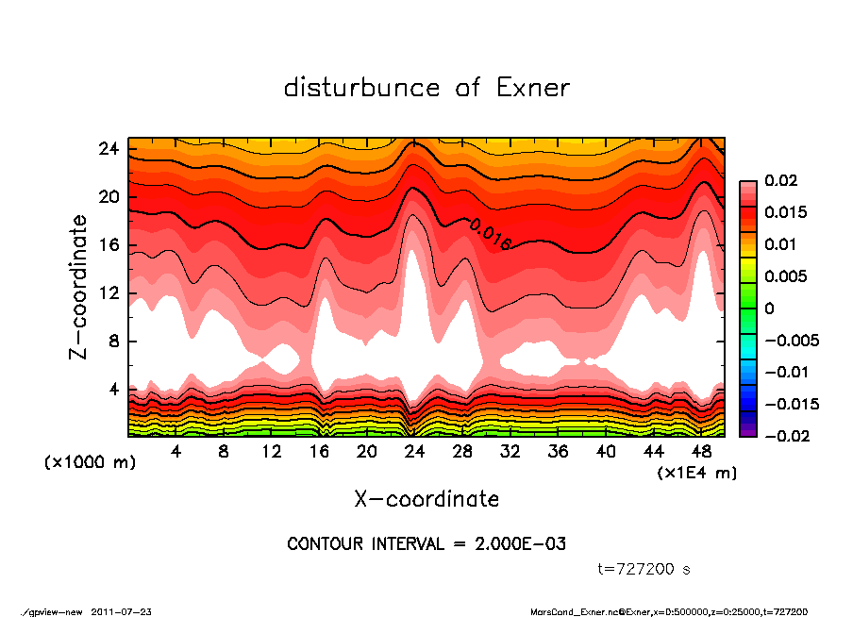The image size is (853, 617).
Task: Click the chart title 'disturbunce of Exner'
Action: point(426,88)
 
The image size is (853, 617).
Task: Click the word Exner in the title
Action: point(532,88)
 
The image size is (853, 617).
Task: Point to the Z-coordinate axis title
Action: point(79,287)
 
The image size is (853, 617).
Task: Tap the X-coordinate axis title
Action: point(426,498)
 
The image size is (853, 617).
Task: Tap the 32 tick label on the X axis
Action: point(510,452)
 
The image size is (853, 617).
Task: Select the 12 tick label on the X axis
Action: point(271,452)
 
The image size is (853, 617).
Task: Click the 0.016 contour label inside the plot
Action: point(490,233)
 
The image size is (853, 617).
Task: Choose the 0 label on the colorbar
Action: point(769,308)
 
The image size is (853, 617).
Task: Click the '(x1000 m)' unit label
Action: point(81,463)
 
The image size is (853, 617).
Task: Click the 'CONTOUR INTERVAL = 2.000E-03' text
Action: point(426,543)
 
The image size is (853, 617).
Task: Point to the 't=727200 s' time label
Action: point(644,569)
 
